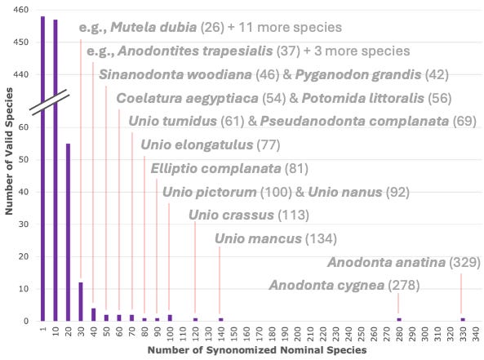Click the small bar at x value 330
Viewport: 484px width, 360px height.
(x=462, y=319)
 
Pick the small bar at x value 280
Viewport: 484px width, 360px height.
(x=398, y=319)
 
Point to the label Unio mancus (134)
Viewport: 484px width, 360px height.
(x=275, y=239)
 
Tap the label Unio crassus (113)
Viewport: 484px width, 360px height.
(x=249, y=216)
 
